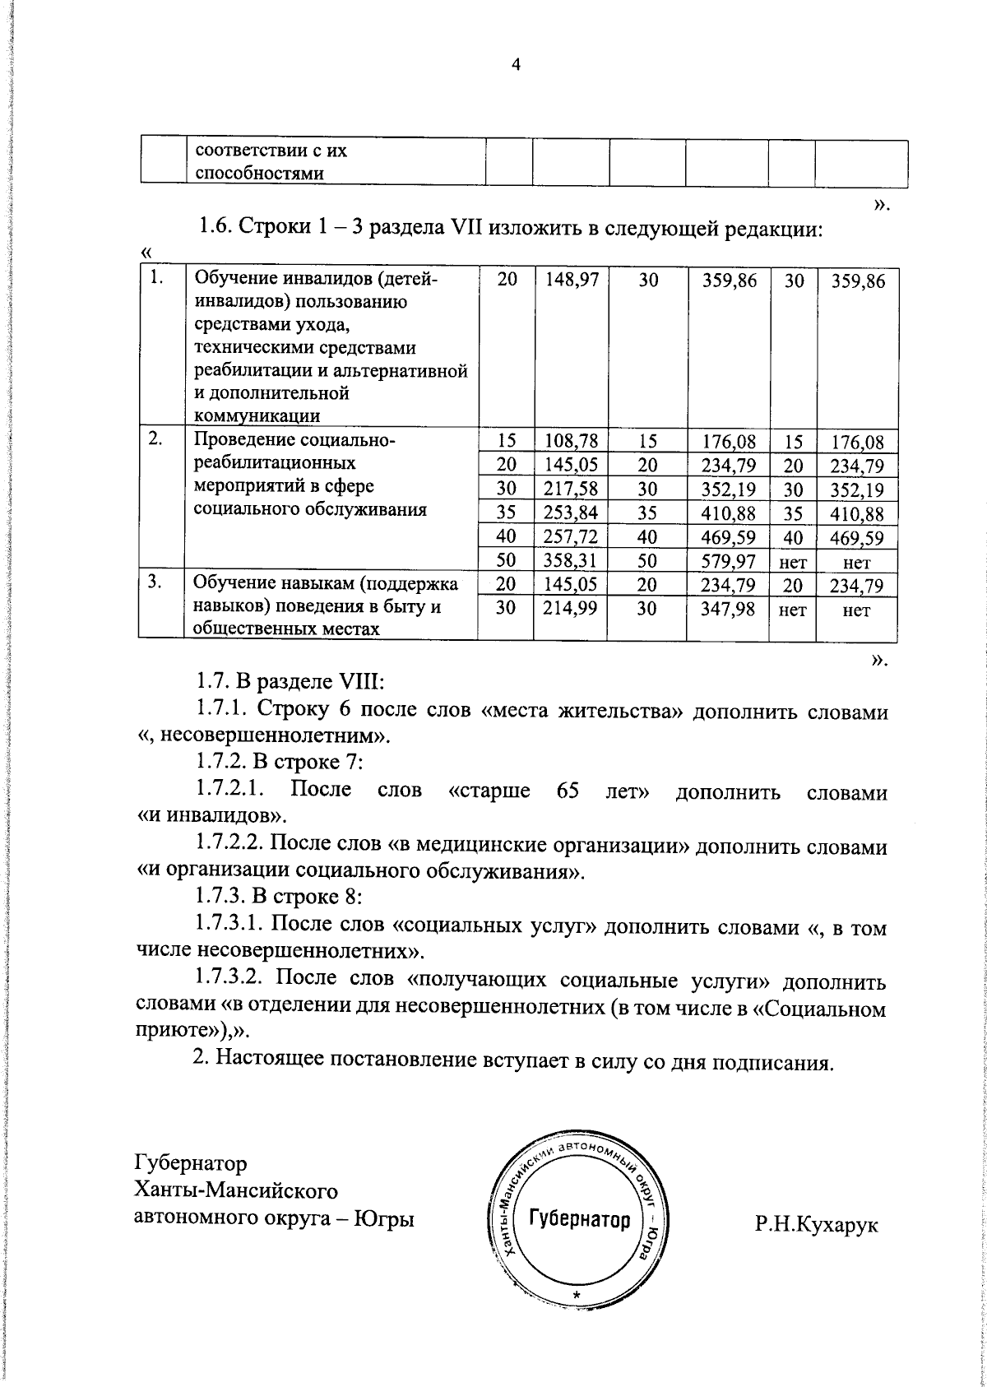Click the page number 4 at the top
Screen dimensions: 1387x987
[516, 67]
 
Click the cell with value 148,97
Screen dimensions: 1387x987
[571, 281]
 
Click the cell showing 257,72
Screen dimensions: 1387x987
[571, 539]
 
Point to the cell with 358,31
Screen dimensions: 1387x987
[571, 563]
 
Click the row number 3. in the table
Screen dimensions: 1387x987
[155, 582]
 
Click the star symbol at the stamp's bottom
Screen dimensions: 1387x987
[577, 1297]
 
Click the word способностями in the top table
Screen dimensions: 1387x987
[257, 174]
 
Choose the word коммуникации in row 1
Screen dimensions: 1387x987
[257, 415]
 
